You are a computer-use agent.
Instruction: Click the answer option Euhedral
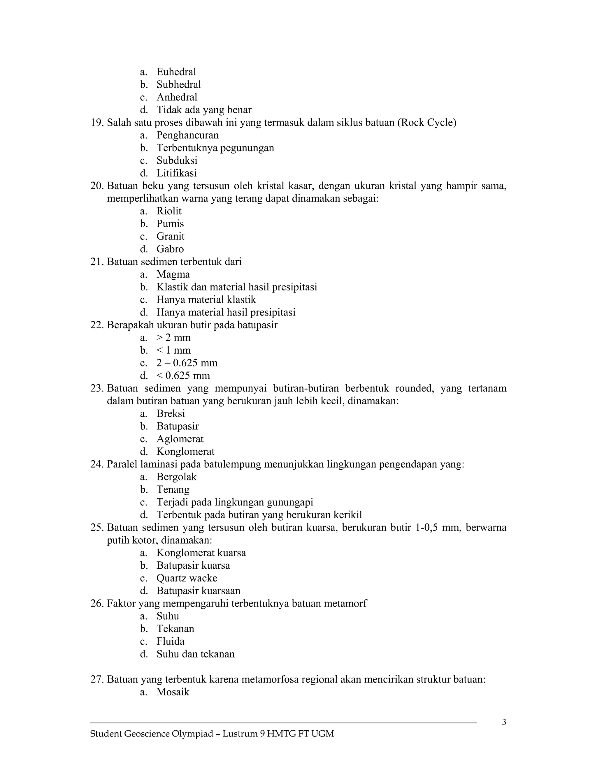coord(176,72)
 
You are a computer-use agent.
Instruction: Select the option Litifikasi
coord(176,173)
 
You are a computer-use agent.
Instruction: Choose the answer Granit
coord(171,237)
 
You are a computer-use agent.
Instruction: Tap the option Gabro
coord(170,249)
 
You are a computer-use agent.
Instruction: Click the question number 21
coord(96,262)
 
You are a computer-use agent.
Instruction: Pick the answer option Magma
coord(173,274)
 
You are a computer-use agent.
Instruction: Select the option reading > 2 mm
coord(173,338)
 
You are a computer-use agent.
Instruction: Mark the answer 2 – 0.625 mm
coord(187,363)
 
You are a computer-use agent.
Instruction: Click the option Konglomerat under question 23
coord(185,452)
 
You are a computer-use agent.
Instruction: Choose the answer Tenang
coord(173,490)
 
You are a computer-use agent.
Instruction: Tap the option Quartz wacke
coord(187,578)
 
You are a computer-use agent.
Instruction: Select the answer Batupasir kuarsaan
coord(199,591)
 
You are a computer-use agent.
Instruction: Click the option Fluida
coord(171,641)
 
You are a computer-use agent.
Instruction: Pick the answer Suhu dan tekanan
coord(196,654)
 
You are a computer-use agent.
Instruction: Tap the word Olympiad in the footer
coord(192,734)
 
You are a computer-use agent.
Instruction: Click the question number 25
coord(96,528)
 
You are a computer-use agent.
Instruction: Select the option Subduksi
coord(177,161)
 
